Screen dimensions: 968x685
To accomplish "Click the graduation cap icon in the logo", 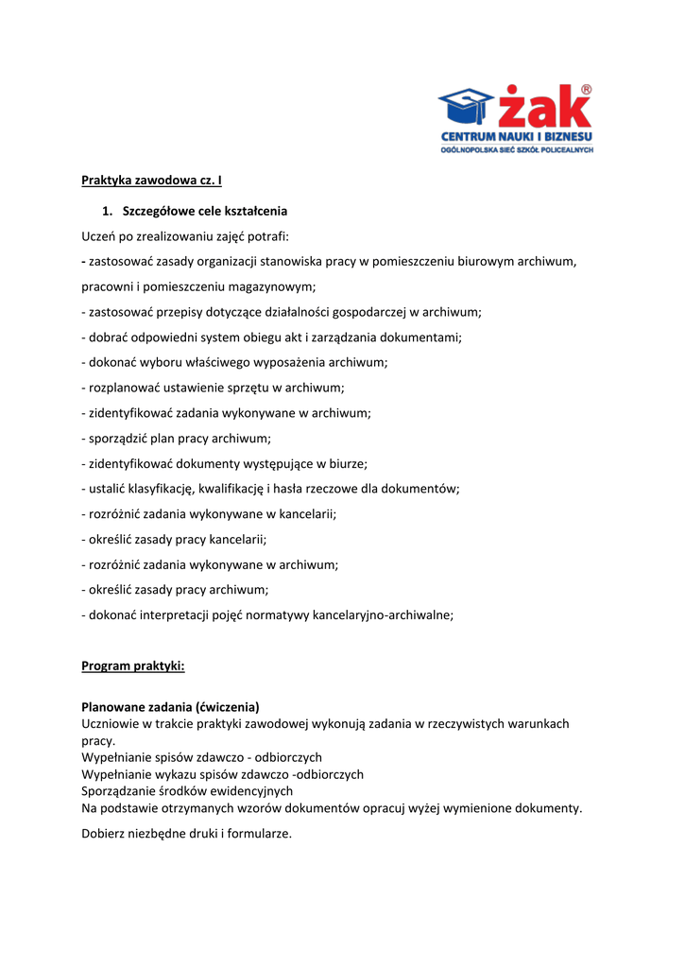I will (466, 108).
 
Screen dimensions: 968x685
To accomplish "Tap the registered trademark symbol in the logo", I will (586, 90).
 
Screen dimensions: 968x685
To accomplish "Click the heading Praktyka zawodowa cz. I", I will (151, 180).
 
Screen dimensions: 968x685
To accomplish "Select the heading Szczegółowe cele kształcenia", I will (205, 211).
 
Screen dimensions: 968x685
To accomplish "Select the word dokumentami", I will (422, 337).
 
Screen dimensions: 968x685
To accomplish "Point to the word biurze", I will (347, 463).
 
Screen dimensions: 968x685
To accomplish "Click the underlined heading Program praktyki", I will (133, 665).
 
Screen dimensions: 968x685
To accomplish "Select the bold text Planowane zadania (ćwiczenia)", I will (170, 706).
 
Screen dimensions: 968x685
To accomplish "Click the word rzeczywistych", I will (467, 724).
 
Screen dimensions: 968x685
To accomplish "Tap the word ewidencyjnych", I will (248, 791).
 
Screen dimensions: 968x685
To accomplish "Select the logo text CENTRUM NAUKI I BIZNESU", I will (516, 137).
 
